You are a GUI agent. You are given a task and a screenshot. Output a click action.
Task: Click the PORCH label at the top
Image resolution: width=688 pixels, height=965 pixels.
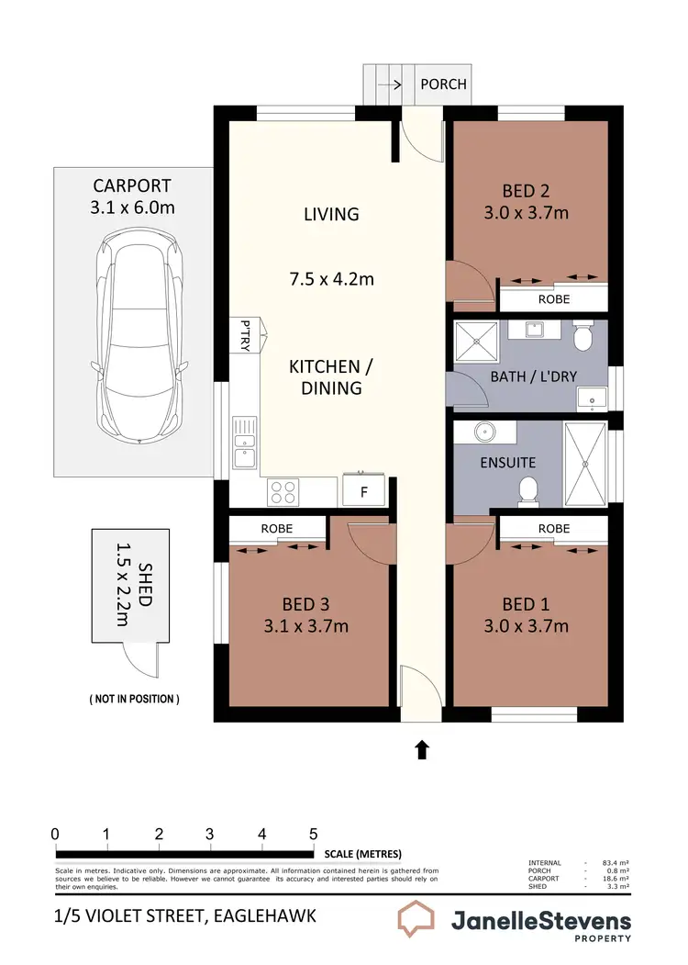[x=443, y=84]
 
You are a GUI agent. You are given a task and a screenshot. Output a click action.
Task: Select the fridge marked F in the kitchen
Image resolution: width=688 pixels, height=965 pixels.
[x=363, y=491]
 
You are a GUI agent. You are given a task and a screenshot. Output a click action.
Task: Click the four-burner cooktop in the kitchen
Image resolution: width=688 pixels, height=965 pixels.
[x=283, y=492]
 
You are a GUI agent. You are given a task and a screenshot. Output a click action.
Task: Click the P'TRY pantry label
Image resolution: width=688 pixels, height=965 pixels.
[x=245, y=335]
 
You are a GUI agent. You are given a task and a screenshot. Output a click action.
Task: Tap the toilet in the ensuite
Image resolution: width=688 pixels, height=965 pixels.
[x=527, y=490]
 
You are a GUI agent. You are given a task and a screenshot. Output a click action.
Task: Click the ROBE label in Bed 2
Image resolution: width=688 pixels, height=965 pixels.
[x=553, y=299]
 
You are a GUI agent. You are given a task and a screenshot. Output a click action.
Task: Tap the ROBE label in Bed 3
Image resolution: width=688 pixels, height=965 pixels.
[x=276, y=529]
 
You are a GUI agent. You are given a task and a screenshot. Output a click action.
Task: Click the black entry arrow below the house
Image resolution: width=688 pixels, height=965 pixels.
[x=421, y=750]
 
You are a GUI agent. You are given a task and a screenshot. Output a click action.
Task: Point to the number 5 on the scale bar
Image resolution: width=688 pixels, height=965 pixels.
[x=314, y=834]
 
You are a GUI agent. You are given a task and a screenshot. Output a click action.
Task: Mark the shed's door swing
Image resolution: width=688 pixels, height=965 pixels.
[x=140, y=659]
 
